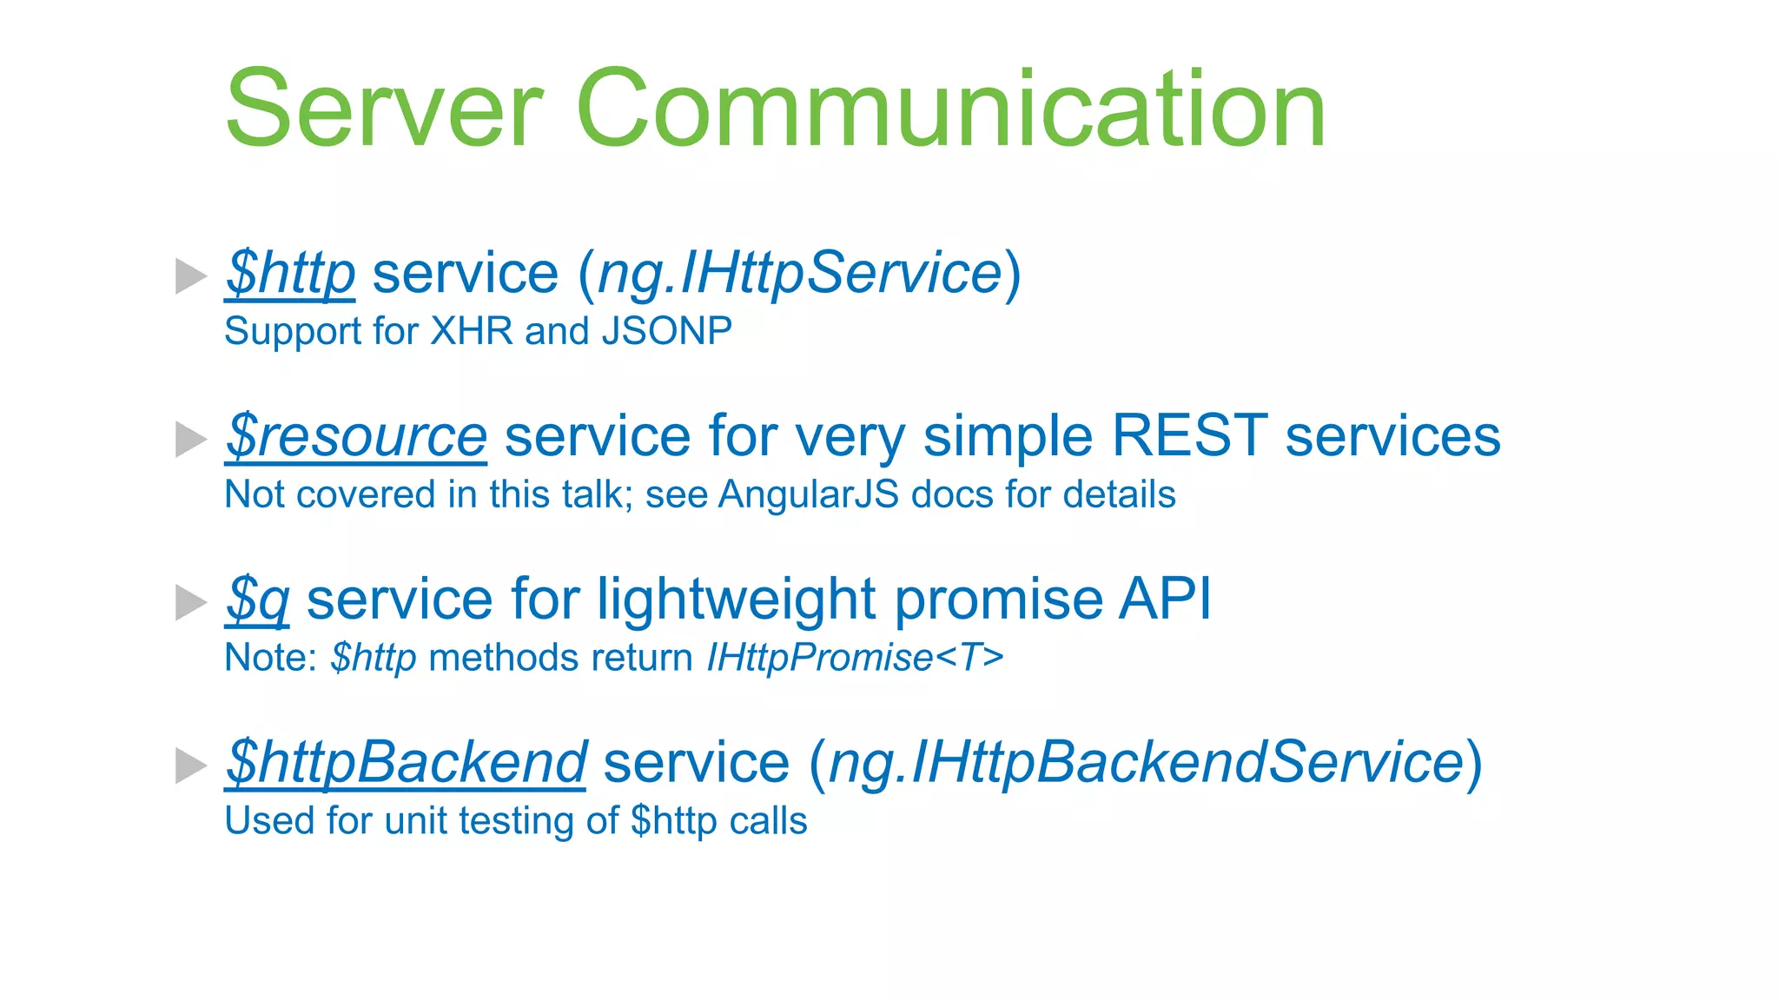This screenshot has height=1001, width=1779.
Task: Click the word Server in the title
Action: tap(384, 110)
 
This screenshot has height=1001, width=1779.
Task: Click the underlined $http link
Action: tap(290, 274)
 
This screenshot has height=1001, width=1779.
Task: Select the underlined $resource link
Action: tap(356, 436)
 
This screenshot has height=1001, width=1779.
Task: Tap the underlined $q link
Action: tap(257, 600)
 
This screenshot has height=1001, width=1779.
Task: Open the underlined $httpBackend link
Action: tap(406, 763)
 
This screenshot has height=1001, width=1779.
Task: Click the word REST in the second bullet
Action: tap(1189, 436)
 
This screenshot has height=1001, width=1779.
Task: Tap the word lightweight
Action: tap(737, 600)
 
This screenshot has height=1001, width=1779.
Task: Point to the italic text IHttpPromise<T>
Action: tap(855, 658)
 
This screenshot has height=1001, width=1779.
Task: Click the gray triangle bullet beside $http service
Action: tap(189, 276)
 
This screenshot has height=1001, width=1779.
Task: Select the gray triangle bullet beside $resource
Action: tap(189, 439)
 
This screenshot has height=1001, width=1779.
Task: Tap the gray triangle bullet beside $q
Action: tap(189, 602)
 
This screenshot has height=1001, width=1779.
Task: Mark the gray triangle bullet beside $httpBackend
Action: tap(189, 766)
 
